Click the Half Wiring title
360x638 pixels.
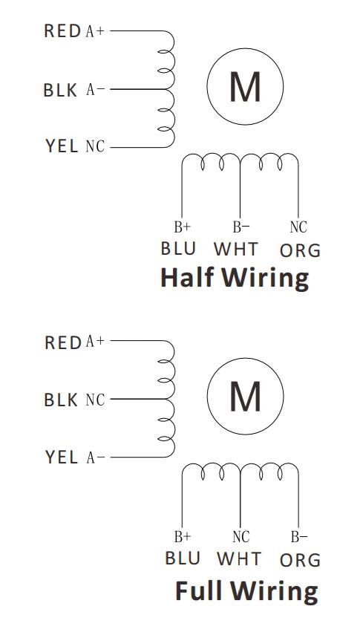[x=235, y=278]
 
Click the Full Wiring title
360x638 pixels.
[x=246, y=590]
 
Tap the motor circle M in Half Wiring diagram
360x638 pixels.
[x=245, y=86]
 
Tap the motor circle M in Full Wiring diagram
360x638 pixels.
[x=245, y=397]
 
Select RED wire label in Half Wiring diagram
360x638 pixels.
[x=62, y=31]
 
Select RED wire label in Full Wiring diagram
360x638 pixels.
[x=63, y=342]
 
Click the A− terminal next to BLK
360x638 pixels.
[x=95, y=90]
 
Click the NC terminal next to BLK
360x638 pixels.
[x=95, y=400]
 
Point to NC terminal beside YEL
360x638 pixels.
[x=95, y=146]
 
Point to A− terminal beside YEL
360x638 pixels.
[x=96, y=458]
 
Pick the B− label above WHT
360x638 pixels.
[x=241, y=227]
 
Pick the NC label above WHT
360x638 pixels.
[x=240, y=537]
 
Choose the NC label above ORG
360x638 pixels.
[x=298, y=227]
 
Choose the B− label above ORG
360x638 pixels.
[x=299, y=537]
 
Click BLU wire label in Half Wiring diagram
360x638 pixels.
[x=178, y=248]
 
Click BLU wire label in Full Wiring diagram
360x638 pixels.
[x=183, y=559]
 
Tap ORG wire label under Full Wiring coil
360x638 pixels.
[x=300, y=560]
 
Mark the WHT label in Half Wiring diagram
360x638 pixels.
[x=236, y=249]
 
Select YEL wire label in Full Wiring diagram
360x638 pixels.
[x=62, y=458]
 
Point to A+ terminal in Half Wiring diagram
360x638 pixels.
[x=95, y=31]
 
